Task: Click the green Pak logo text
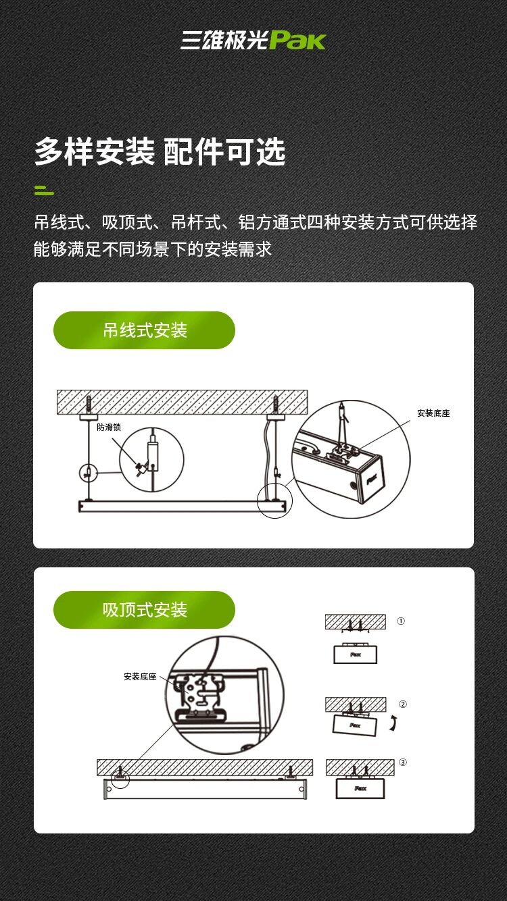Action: point(297,41)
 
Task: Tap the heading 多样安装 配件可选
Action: point(160,152)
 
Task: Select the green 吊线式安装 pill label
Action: point(144,330)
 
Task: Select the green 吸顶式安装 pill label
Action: point(144,610)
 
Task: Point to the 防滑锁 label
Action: point(109,427)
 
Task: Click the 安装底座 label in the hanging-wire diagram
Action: point(433,413)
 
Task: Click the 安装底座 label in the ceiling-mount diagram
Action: point(140,677)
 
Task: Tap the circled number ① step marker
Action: point(401,621)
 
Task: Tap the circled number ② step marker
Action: point(403,704)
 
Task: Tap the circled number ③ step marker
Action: point(403,763)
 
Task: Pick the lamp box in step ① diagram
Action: point(355,653)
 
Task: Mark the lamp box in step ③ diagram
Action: point(360,788)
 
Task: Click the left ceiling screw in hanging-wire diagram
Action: point(89,405)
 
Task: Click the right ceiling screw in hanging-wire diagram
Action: point(276,405)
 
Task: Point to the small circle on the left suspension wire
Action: point(88,473)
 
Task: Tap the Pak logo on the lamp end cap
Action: point(371,479)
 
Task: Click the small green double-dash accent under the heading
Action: point(44,190)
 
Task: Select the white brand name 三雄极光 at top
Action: point(224,41)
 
